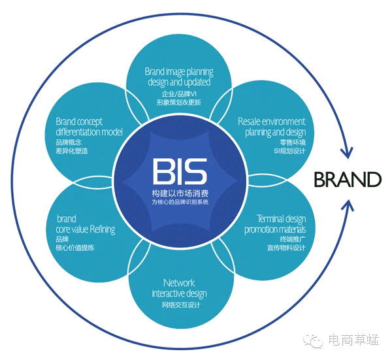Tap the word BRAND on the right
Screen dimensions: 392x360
click(348, 179)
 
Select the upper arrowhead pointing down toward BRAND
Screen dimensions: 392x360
click(347, 152)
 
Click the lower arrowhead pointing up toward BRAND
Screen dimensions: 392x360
click(348, 205)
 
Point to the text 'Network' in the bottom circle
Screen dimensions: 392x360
click(179, 283)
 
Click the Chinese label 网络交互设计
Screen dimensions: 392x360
click(181, 305)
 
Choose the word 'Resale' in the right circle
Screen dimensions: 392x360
click(250, 122)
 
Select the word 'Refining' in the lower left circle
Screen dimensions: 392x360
click(103, 229)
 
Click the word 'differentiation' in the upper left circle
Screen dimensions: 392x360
click(78, 132)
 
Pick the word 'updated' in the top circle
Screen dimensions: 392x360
click(197, 82)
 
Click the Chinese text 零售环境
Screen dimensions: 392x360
click(293, 142)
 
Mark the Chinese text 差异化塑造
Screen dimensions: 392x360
click(71, 151)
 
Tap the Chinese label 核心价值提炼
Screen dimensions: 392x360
click(74, 248)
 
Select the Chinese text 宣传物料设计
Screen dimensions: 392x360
click(286, 248)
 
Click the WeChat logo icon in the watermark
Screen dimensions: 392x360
click(313, 340)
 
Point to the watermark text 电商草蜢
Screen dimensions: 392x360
click(353, 340)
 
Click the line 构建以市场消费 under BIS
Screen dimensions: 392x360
click(180, 193)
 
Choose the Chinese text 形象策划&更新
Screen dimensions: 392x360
click(179, 103)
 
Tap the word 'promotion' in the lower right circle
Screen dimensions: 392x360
click(259, 230)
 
